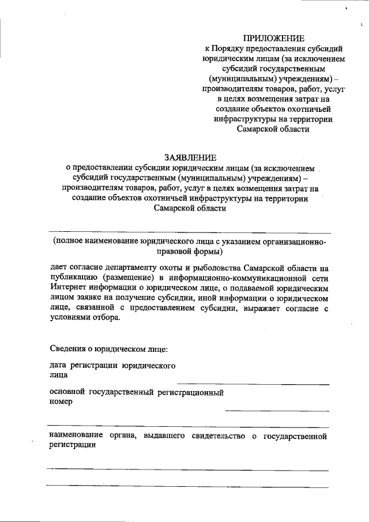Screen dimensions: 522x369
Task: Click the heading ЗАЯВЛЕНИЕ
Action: (x=190, y=157)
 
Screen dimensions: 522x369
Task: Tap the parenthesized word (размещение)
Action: (x=128, y=278)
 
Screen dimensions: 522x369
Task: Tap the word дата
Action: (x=58, y=366)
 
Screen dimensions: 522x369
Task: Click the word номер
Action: (x=61, y=403)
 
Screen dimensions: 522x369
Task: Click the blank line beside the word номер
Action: (x=277, y=411)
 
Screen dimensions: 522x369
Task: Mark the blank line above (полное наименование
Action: (x=188, y=232)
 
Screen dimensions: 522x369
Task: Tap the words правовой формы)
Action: (x=190, y=252)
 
